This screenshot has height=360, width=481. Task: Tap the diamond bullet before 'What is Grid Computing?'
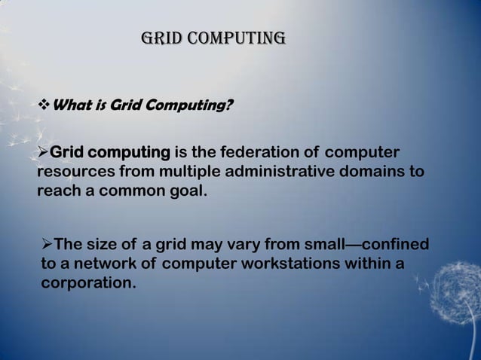click(x=43, y=105)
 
